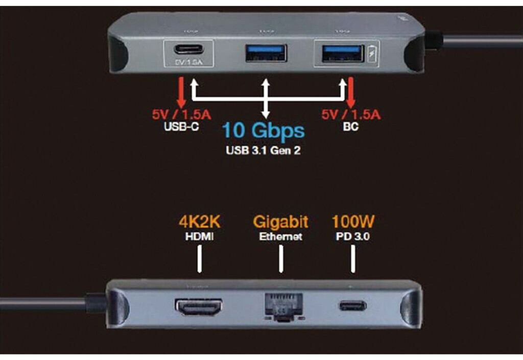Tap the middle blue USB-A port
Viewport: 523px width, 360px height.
point(266,53)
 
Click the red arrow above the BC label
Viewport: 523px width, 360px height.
point(351,91)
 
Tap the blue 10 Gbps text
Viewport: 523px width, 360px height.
point(263,131)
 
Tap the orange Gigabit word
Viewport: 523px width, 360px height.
point(281,222)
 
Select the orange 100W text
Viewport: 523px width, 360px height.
point(353,222)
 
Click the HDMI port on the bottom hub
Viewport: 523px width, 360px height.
point(199,306)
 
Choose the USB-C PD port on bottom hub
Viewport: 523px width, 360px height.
point(352,306)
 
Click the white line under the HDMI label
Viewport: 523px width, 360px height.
point(200,259)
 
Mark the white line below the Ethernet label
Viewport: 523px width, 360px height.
point(281,259)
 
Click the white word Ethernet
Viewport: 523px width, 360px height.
point(281,237)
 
